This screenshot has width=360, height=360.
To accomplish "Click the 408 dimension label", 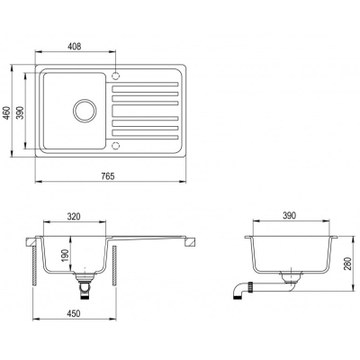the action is [x=75, y=46].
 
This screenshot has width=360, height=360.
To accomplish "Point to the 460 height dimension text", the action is [x=6, y=112].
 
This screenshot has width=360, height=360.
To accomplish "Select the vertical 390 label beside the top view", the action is [x=20, y=112].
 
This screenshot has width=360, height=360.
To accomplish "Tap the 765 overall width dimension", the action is [x=108, y=176].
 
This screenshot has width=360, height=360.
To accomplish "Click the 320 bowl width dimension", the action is [x=74, y=216].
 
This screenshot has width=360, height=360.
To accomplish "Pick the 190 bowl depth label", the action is [x=65, y=255].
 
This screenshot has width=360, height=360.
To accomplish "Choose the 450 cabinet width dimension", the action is [x=74, y=313].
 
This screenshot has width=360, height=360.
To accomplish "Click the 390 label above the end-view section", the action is [x=289, y=215].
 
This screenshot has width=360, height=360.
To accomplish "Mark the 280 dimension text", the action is [x=348, y=264].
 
